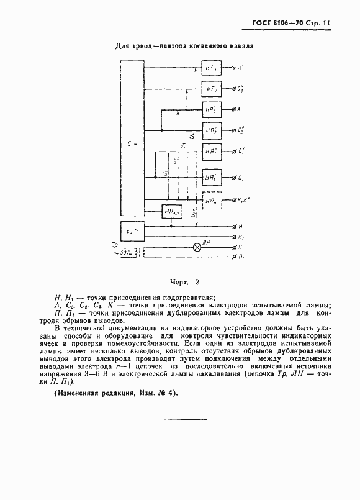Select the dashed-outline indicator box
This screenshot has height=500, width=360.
point(212,201)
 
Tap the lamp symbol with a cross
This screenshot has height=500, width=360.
point(198,247)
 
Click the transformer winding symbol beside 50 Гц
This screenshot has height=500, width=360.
point(146,253)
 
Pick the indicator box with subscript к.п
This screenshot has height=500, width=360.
point(171,212)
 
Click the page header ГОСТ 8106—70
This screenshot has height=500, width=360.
point(277,25)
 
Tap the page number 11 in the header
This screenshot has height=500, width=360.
point(326,25)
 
